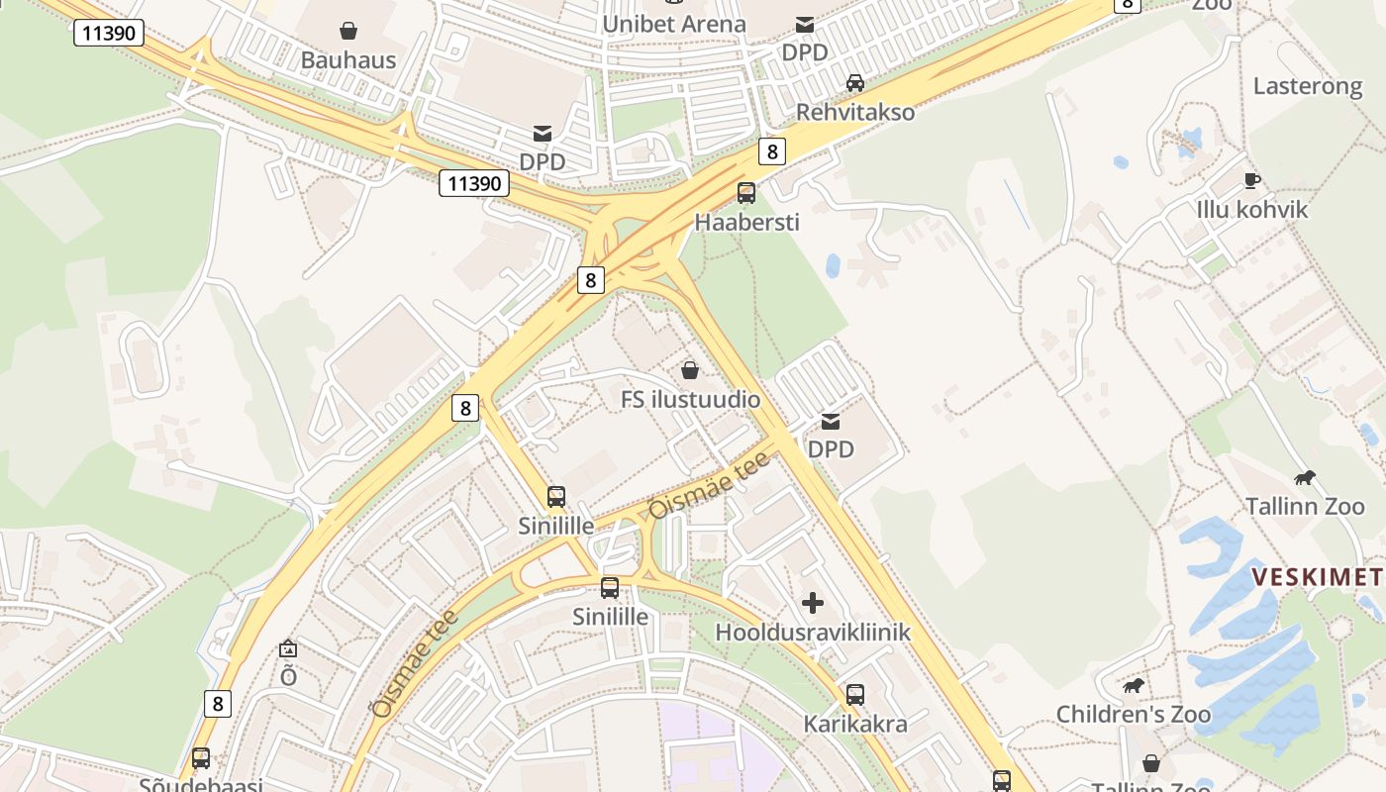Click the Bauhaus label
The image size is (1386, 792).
(x=347, y=59)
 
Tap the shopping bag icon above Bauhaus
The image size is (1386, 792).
(x=347, y=31)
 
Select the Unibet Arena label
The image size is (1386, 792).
(x=673, y=24)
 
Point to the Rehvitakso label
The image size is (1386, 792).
(x=855, y=112)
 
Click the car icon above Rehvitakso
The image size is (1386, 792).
(x=855, y=83)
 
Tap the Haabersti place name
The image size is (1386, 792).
(x=746, y=222)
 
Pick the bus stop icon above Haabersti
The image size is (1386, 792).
(x=746, y=193)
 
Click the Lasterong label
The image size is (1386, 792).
(x=1308, y=86)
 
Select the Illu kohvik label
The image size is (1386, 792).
(x=1251, y=210)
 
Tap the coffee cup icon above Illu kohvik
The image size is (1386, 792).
(x=1251, y=180)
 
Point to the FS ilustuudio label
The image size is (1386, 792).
(x=690, y=400)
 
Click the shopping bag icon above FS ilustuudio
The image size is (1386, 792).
(x=690, y=370)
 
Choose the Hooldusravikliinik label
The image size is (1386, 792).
(x=813, y=632)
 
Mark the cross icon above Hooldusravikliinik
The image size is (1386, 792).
(x=813, y=603)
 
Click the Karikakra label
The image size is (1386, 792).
(x=855, y=724)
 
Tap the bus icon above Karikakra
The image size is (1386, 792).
(x=855, y=695)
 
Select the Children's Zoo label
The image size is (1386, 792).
(x=1133, y=714)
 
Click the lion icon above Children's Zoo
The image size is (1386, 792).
(x=1133, y=685)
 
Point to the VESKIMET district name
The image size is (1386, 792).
(x=1318, y=577)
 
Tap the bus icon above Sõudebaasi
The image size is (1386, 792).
(x=201, y=758)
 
